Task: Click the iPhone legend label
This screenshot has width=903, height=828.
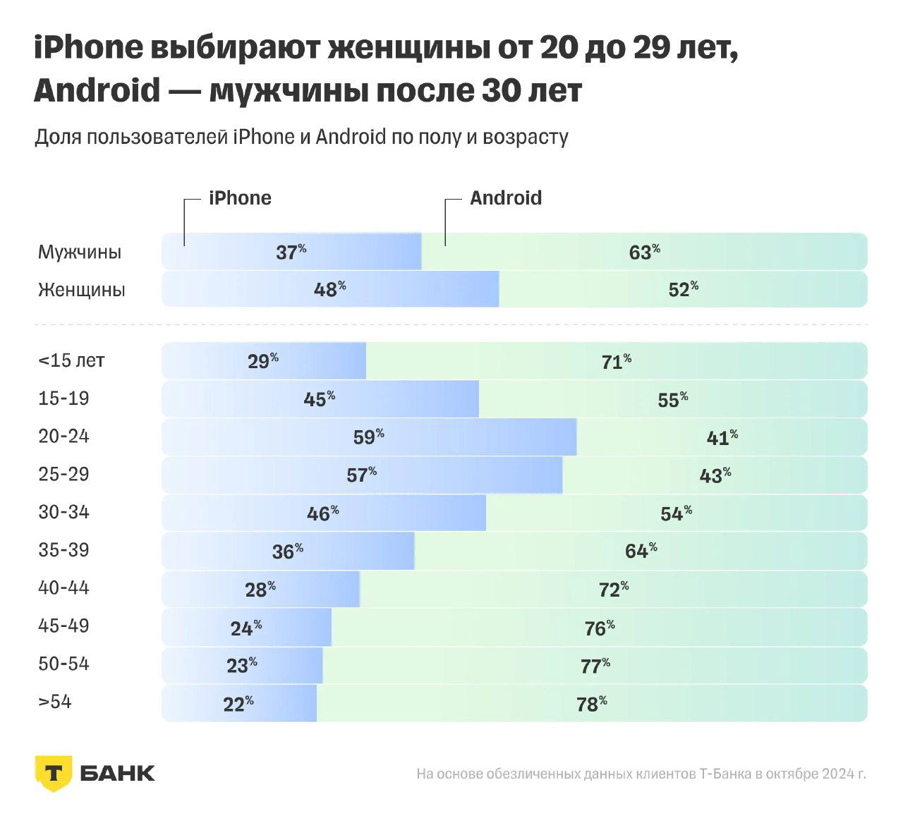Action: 240,198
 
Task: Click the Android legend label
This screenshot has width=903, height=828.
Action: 506,198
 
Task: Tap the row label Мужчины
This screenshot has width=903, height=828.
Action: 80,252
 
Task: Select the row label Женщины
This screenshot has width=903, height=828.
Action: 82,290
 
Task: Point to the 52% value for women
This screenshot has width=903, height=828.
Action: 683,289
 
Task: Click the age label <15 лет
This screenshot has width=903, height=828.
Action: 71,360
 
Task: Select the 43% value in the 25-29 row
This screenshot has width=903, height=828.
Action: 715,475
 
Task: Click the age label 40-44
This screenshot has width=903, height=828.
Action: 63,588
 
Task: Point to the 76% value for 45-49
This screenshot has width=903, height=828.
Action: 599,628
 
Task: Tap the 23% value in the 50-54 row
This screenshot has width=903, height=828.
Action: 241,665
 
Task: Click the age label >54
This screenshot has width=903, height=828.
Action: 55,702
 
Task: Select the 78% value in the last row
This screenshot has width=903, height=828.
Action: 591,704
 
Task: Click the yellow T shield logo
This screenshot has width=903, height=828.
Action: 53,773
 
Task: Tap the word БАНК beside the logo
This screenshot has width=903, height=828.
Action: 117,773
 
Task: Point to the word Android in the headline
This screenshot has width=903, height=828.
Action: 97,90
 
